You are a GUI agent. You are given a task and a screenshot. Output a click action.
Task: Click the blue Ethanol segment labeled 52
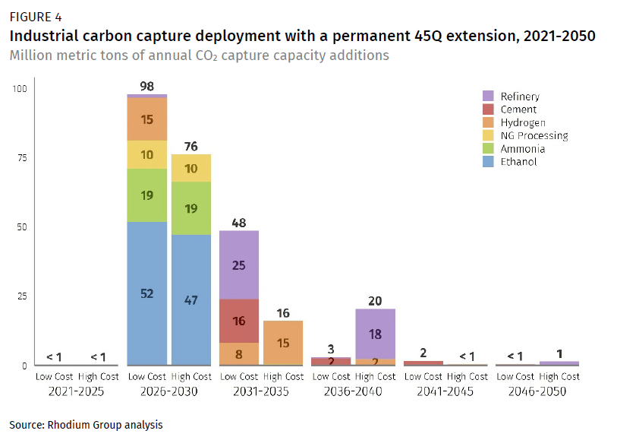point(146,293)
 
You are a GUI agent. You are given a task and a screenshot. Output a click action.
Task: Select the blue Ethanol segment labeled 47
point(190,299)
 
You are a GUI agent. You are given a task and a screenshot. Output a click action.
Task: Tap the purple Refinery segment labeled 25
point(239,264)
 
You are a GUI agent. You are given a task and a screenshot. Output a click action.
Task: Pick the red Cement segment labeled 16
point(239,321)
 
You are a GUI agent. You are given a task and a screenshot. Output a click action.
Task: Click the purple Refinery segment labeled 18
point(376,334)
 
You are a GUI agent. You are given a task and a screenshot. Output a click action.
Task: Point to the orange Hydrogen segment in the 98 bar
point(146,119)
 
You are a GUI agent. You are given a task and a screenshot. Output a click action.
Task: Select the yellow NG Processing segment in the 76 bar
point(190,168)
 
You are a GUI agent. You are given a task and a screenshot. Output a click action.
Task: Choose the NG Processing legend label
point(534,136)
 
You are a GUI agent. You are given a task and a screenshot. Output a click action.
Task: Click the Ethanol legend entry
point(519,162)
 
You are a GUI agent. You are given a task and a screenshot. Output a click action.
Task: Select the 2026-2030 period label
point(169,391)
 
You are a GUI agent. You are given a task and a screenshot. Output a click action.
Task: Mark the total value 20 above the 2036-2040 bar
point(376,300)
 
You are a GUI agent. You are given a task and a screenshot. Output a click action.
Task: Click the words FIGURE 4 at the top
point(34,17)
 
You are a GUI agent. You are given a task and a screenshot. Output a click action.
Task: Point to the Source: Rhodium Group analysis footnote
point(86,425)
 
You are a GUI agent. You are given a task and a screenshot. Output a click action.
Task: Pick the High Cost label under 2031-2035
point(283,376)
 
